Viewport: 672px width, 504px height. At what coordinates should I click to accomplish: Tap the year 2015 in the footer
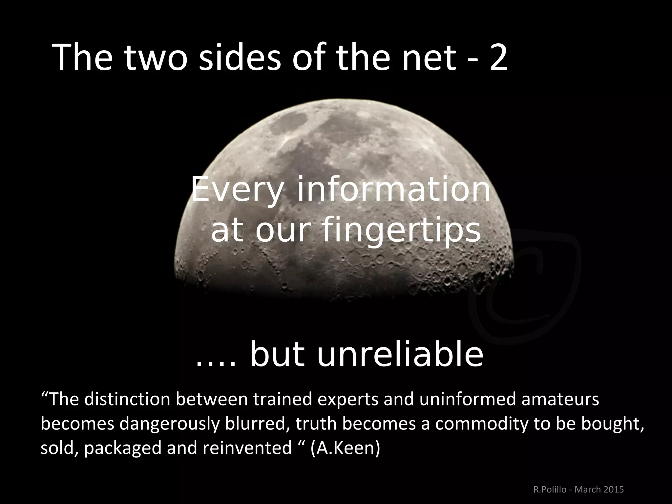(613, 490)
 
